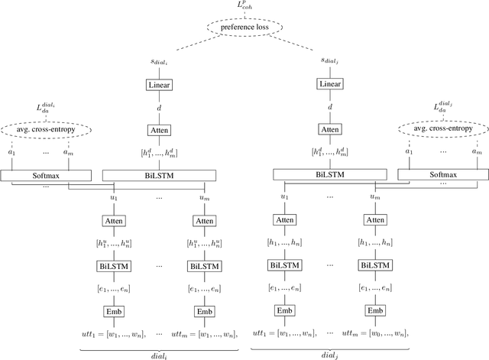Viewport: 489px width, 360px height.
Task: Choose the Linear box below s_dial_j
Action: (x=329, y=84)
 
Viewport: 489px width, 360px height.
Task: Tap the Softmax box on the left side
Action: (x=51, y=175)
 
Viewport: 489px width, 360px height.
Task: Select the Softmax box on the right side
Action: (x=436, y=175)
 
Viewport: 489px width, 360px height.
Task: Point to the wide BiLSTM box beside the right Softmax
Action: (x=329, y=175)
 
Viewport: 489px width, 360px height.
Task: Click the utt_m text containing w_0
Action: (x=376, y=332)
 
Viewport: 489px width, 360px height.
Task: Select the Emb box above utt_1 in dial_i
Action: (x=114, y=311)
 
